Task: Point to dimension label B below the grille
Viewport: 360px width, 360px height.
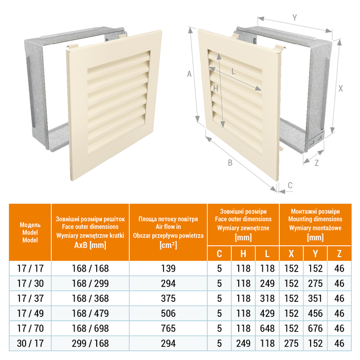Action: [x=231, y=163]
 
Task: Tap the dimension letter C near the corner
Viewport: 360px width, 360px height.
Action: [x=290, y=185]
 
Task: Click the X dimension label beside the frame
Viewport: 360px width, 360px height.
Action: [x=340, y=88]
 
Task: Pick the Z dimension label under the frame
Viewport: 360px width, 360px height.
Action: [x=316, y=163]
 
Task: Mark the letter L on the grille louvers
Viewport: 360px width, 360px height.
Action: [x=234, y=72]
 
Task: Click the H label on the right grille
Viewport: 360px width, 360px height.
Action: [x=216, y=88]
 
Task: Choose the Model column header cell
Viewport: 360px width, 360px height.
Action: [x=30, y=232]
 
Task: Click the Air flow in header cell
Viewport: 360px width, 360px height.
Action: [x=168, y=232]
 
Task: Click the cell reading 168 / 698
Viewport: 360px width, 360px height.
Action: [x=90, y=328]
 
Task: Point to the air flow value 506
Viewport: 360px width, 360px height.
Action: [x=168, y=313]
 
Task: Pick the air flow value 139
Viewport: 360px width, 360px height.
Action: [x=168, y=268]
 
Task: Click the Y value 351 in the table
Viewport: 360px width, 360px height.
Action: [x=315, y=298]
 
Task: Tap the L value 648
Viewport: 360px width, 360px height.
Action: [x=267, y=328]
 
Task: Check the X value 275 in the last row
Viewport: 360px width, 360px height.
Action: [x=291, y=342]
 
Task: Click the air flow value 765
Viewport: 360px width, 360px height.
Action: [x=168, y=328]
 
